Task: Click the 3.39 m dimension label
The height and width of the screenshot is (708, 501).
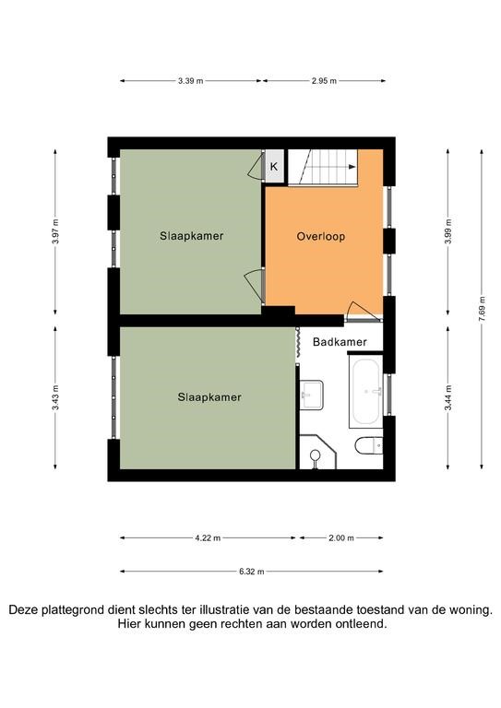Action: (190, 81)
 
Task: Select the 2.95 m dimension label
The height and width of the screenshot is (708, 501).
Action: (324, 81)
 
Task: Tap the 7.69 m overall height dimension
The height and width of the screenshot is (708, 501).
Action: (482, 309)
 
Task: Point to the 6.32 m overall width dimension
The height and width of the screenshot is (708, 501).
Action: (252, 572)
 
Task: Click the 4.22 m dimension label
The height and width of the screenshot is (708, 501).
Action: (208, 538)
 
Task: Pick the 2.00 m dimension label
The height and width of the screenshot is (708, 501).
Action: (341, 538)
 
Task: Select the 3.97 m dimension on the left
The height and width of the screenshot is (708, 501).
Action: (55, 231)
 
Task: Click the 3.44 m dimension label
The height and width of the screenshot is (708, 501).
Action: (448, 398)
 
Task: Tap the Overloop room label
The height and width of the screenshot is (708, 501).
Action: (321, 236)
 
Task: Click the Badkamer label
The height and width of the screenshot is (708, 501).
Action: (340, 342)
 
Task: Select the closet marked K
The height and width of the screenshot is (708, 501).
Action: (274, 166)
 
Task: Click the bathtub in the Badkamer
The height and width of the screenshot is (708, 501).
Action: (366, 392)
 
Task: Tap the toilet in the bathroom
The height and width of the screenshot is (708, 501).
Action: (369, 445)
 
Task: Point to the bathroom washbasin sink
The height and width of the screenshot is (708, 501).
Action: (312, 395)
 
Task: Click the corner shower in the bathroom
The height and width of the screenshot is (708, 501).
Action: (318, 452)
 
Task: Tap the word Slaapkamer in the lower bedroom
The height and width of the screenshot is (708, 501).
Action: (209, 397)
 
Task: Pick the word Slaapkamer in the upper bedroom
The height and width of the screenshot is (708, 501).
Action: (192, 236)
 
